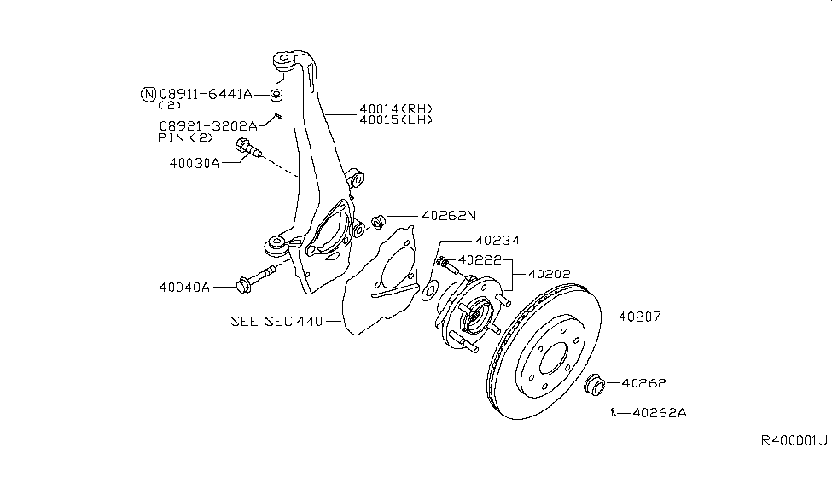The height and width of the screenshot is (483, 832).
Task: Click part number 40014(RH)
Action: coord(395,108)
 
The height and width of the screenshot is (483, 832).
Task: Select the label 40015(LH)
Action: coord(395,119)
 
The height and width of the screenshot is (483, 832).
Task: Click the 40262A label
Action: coord(659,412)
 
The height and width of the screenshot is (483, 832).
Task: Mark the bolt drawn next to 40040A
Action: coord(256,277)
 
